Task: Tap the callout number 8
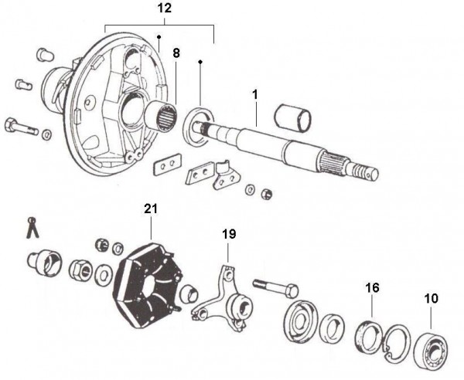(x=176, y=54)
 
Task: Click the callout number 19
(x=228, y=232)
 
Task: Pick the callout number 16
(x=373, y=287)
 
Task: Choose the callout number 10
(x=429, y=297)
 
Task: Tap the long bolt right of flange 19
(x=275, y=288)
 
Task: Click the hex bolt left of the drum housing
(x=21, y=126)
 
